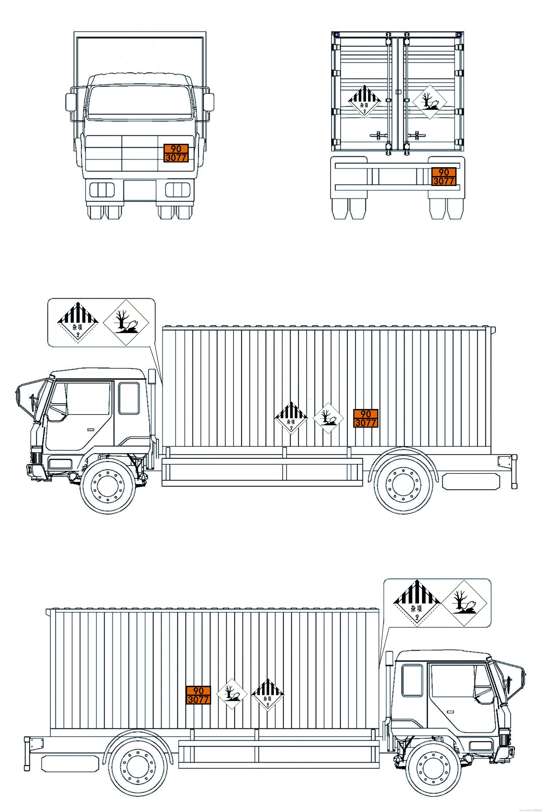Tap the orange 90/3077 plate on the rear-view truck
(444, 177)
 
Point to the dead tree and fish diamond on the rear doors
(429, 102)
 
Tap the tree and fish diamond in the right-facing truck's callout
(464, 603)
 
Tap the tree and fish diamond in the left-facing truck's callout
(126, 322)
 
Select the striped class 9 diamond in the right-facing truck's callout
(417, 603)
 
